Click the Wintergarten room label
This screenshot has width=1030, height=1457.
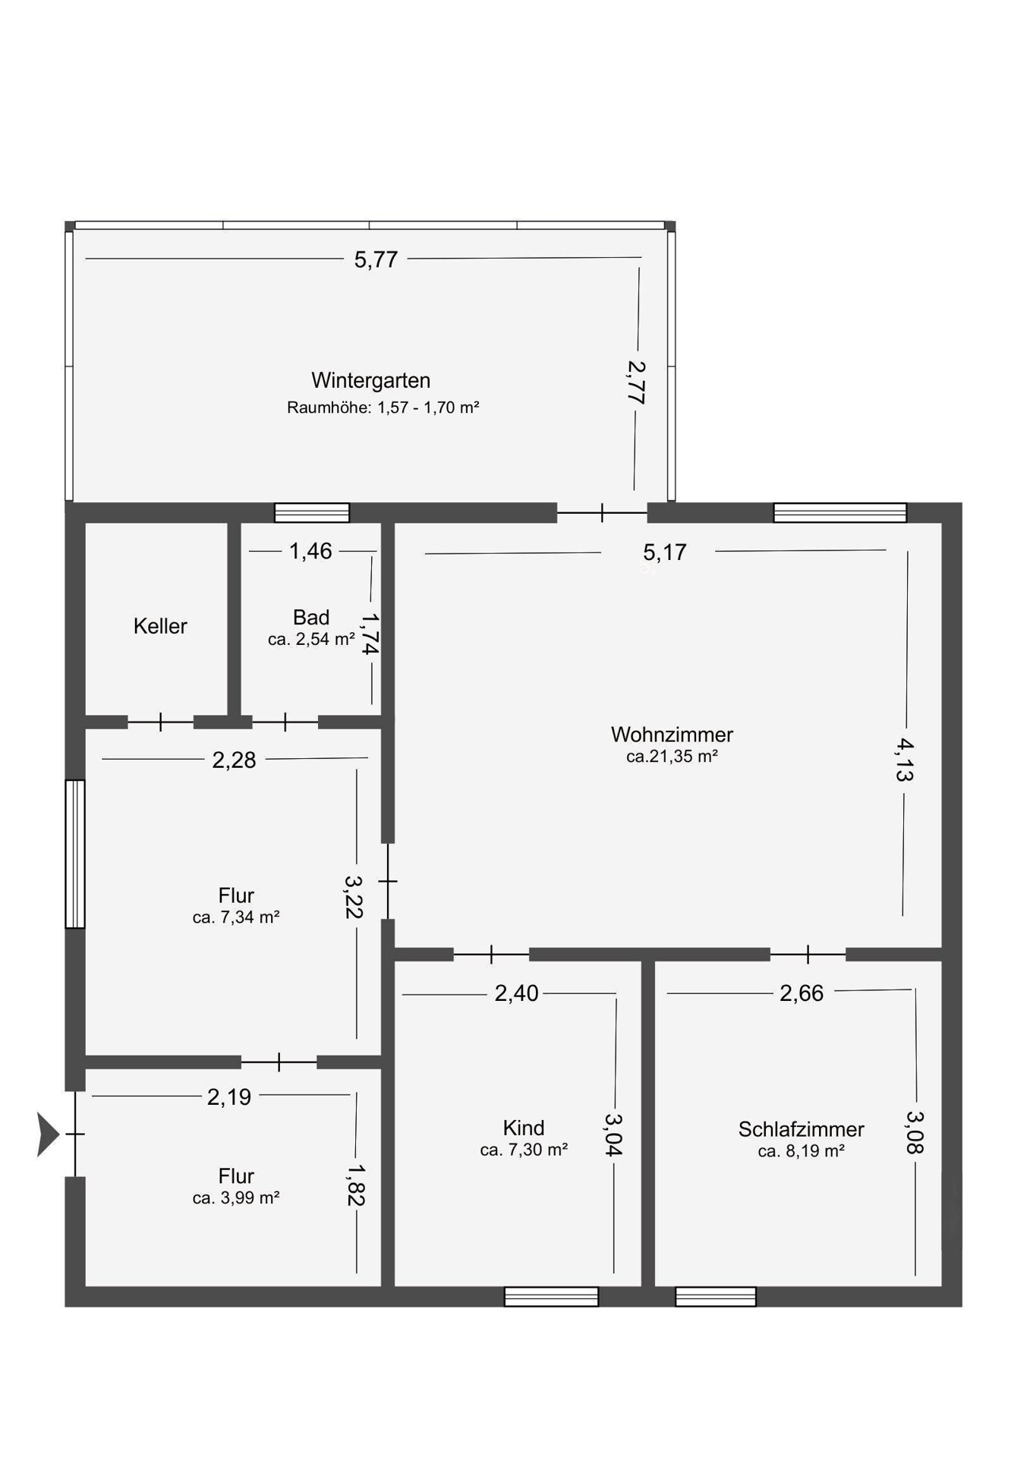pyautogui.click(x=370, y=380)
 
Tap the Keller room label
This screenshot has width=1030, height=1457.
pyautogui.click(x=160, y=626)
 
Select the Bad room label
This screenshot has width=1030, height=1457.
pyautogui.click(x=311, y=617)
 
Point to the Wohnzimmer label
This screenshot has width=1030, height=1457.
pyautogui.click(x=672, y=735)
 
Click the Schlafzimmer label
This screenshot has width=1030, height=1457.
pyautogui.click(x=802, y=1129)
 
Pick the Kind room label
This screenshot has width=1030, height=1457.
pyautogui.click(x=524, y=1128)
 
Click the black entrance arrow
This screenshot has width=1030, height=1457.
pyautogui.click(x=48, y=1134)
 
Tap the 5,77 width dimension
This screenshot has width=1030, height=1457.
pyautogui.click(x=376, y=260)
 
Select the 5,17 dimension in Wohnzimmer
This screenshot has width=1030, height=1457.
pyautogui.click(x=665, y=552)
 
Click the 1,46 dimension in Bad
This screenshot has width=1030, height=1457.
pyautogui.click(x=310, y=551)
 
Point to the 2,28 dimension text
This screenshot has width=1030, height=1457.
pyautogui.click(x=234, y=760)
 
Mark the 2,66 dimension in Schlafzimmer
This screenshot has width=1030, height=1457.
pyautogui.click(x=802, y=993)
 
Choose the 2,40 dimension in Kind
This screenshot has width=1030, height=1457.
pyautogui.click(x=516, y=993)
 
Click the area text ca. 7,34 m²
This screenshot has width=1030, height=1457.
pyautogui.click(x=236, y=917)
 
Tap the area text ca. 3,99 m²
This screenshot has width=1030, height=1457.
pyautogui.click(x=236, y=1198)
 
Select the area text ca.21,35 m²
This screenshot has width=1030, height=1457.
pyautogui.click(x=672, y=757)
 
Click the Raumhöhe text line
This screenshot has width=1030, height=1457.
pyautogui.click(x=383, y=408)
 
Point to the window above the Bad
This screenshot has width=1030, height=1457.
pyautogui.click(x=312, y=513)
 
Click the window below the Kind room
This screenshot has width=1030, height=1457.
pyautogui.click(x=551, y=1297)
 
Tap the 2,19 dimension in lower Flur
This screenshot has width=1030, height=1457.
pyautogui.click(x=229, y=1097)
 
